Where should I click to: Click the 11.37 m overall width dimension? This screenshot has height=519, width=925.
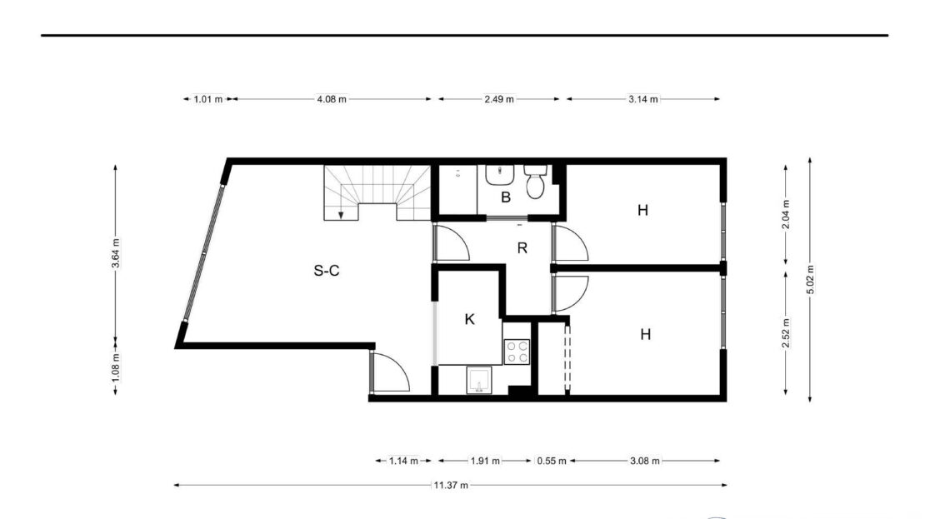click(451, 485)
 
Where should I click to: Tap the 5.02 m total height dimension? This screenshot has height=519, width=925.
click(810, 280)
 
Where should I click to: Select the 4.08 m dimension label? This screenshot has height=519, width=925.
click(332, 99)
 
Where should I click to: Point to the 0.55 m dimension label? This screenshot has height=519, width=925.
click(552, 461)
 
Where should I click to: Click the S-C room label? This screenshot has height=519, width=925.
click(326, 271)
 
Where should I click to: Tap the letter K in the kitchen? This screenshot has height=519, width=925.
click(469, 319)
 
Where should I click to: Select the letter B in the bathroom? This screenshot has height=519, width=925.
click(506, 197)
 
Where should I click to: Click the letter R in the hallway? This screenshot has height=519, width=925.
click(522, 248)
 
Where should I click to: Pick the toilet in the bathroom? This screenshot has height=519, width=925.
click(535, 182)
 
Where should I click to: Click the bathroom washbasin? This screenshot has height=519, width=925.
click(500, 175)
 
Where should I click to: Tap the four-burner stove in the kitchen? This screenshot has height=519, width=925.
click(517, 352)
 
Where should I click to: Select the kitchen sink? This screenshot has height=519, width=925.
click(479, 381)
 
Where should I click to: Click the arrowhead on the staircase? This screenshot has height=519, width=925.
click(341, 215)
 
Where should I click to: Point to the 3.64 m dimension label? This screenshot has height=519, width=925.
click(116, 253)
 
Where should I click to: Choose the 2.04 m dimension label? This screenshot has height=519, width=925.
click(786, 215)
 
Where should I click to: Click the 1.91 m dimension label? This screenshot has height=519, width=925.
click(485, 461)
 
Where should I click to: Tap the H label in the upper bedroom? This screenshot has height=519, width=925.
click(643, 210)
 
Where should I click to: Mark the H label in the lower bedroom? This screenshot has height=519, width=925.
click(645, 334)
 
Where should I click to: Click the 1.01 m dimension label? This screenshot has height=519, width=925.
click(208, 99)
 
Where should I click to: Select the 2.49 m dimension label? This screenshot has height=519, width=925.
click(499, 99)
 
